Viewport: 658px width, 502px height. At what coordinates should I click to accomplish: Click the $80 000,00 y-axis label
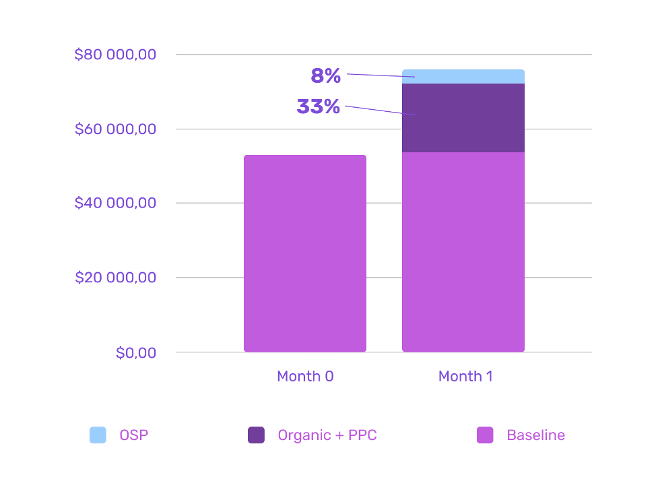click(115, 55)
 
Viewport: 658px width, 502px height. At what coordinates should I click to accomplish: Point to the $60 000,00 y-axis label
click(115, 129)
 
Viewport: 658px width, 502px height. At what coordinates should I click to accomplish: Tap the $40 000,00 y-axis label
click(115, 203)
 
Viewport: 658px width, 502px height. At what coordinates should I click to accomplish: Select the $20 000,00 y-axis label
click(115, 278)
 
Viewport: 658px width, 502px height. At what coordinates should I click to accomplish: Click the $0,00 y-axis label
click(136, 352)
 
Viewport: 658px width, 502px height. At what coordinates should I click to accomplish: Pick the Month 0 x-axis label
click(305, 376)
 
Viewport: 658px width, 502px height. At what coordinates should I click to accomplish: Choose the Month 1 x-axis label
click(465, 376)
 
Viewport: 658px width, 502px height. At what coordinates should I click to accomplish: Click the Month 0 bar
click(305, 253)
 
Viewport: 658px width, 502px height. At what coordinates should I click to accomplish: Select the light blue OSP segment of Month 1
click(463, 76)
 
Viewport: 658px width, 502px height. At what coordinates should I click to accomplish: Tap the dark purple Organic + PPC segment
click(463, 118)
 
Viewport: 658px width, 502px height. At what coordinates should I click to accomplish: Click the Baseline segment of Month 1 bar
click(463, 252)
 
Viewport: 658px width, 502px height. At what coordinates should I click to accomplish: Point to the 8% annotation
click(326, 76)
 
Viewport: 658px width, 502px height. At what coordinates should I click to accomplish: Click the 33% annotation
click(319, 106)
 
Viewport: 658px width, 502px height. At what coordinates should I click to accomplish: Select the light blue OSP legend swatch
click(98, 435)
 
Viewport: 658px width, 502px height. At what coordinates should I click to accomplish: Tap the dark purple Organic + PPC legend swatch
click(256, 435)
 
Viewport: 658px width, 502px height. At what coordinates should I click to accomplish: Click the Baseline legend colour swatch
click(485, 435)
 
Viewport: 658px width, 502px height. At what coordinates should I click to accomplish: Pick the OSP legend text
click(134, 435)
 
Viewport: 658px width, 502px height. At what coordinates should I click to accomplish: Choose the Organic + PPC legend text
click(327, 435)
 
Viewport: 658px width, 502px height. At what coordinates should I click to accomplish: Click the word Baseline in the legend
click(536, 435)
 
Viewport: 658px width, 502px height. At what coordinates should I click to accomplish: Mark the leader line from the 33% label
click(380, 111)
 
